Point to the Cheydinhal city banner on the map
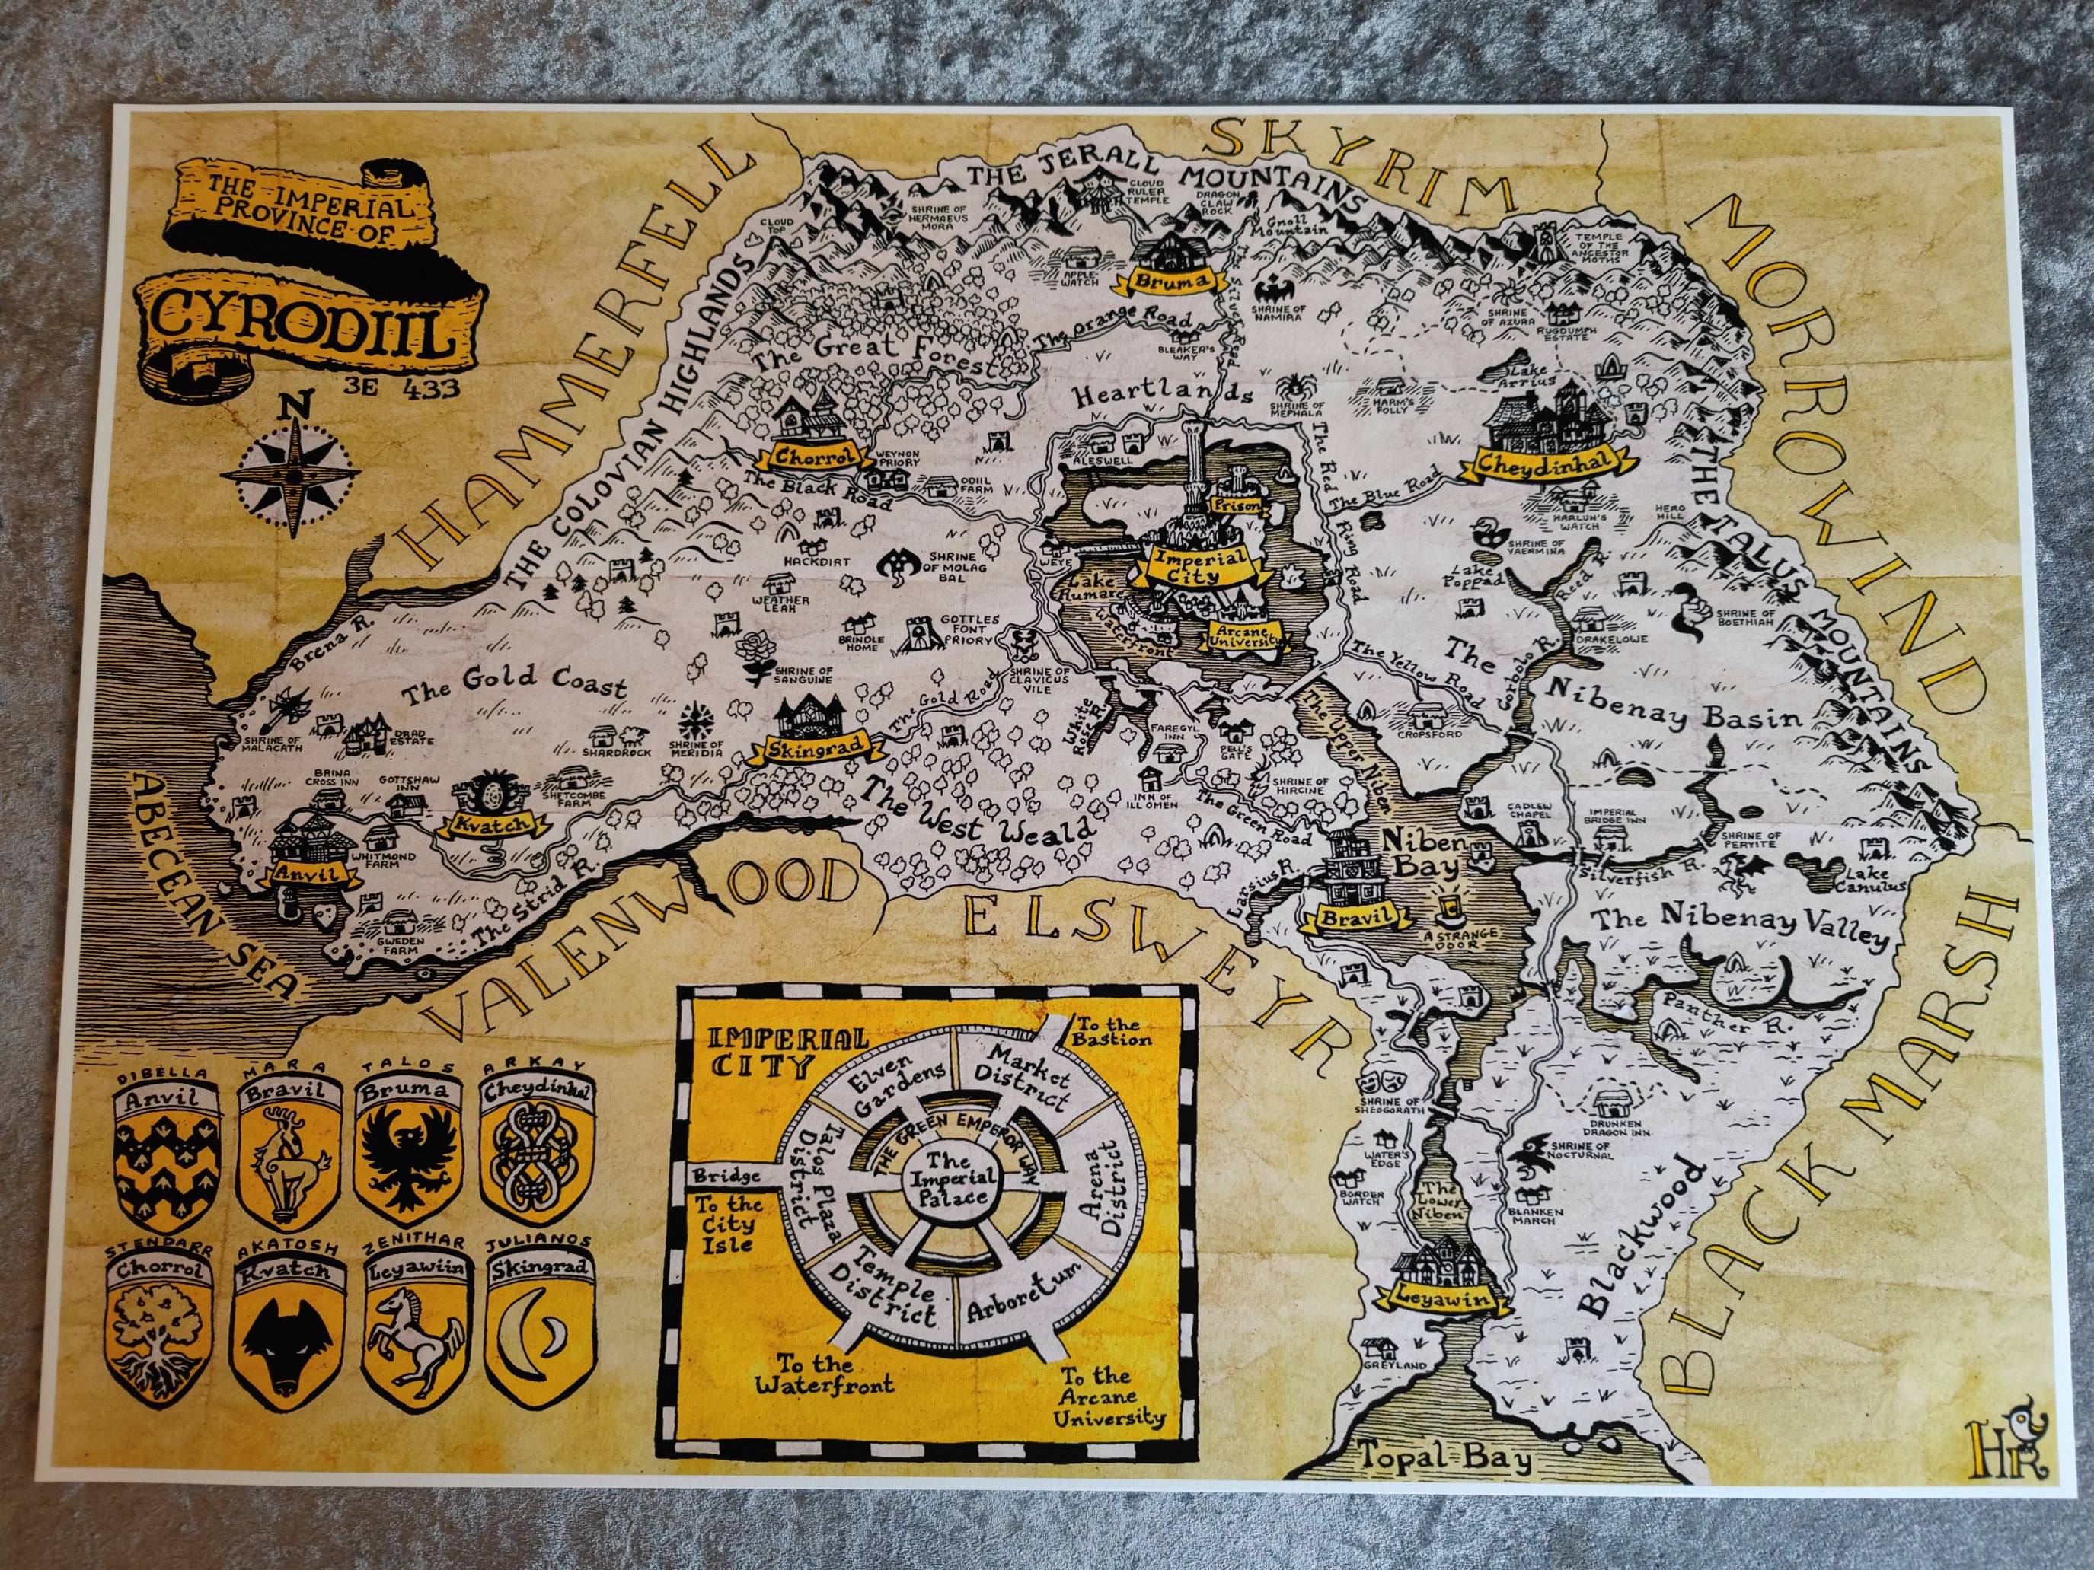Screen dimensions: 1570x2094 coord(1541,463)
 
